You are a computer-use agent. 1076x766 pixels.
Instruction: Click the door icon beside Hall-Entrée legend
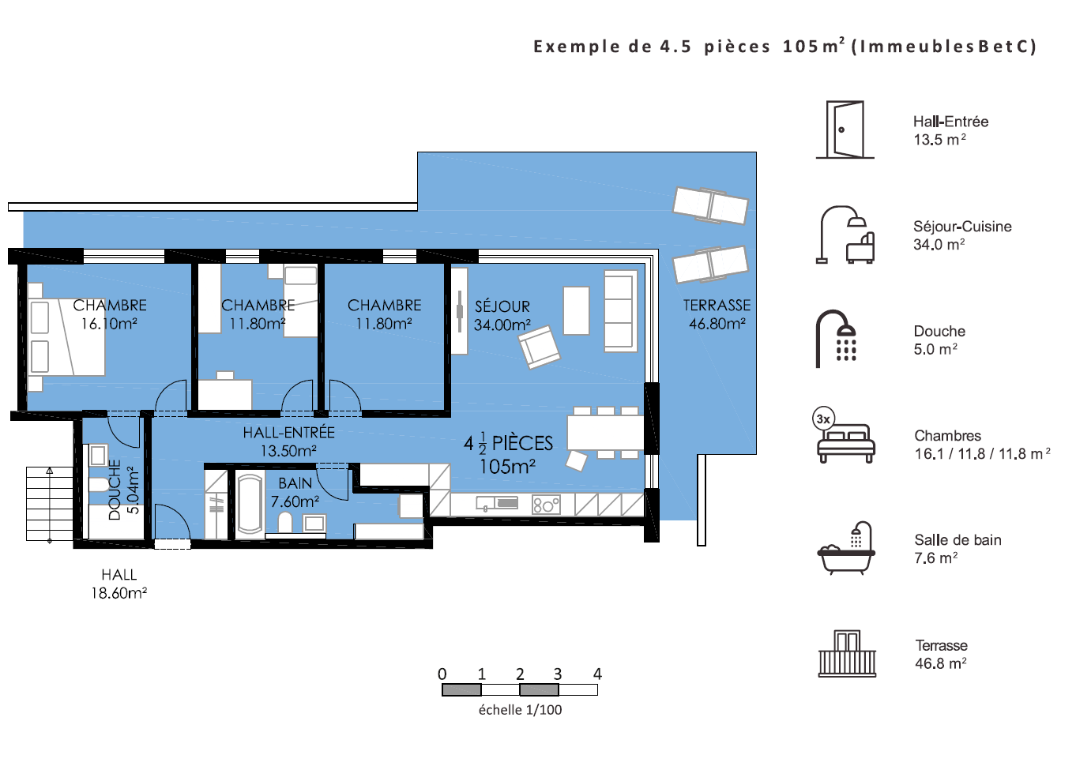point(845,130)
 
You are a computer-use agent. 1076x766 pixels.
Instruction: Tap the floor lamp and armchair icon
point(845,235)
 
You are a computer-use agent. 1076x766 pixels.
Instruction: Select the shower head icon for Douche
point(837,339)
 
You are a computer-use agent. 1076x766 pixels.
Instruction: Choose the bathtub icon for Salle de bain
point(846,548)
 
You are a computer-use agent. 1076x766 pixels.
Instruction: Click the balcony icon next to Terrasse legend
point(847,654)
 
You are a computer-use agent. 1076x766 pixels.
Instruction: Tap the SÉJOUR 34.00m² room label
point(502,316)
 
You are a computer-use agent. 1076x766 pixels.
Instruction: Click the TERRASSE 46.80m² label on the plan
point(717,314)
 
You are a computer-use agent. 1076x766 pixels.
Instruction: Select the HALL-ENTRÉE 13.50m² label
point(288,441)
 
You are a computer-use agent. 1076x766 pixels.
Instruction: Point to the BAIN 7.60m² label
point(295,492)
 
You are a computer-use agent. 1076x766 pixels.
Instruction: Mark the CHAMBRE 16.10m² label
point(110,314)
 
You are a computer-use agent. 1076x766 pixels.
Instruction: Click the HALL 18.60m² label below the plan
point(119,584)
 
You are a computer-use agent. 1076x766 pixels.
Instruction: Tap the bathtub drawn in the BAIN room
point(250,504)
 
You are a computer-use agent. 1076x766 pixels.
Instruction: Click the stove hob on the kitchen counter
point(546,505)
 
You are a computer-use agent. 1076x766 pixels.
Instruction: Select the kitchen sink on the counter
point(497,503)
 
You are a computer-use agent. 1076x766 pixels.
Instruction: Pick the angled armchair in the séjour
point(539,347)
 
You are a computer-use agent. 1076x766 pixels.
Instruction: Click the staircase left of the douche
point(50,504)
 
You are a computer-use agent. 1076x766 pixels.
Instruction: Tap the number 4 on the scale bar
point(597,674)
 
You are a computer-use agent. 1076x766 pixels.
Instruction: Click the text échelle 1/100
point(521,710)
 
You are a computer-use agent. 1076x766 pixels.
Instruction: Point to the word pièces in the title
point(737,47)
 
